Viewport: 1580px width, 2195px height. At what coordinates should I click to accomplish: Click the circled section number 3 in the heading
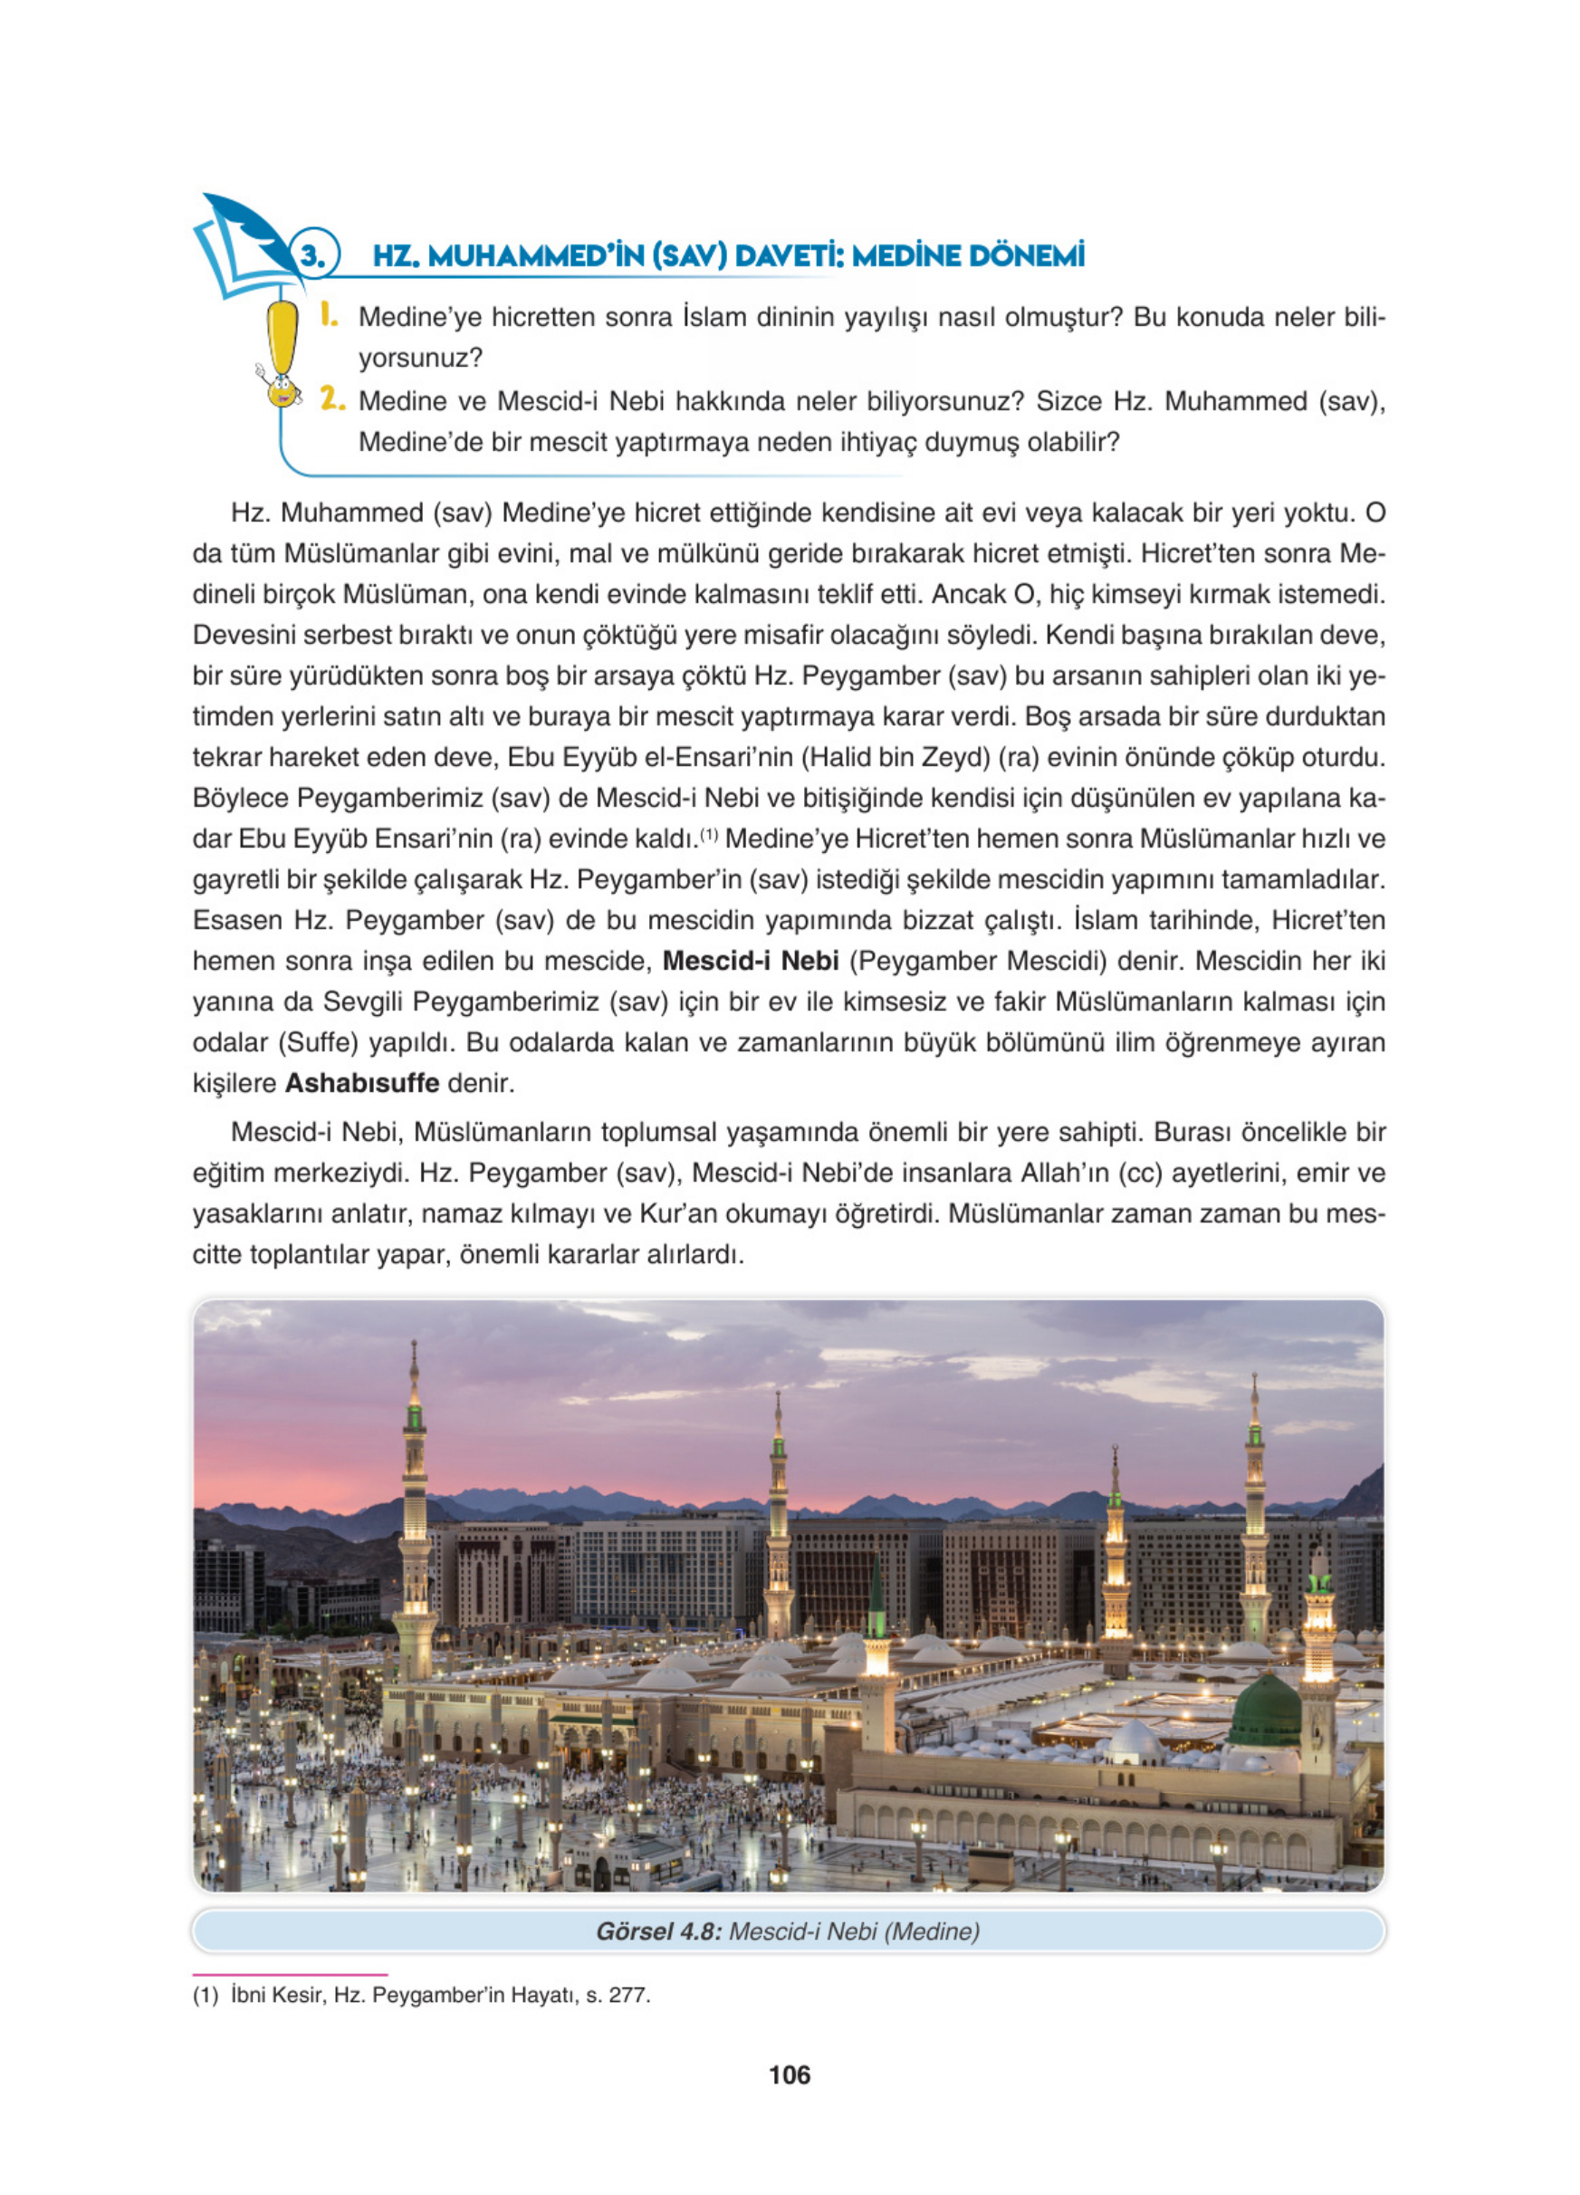pyautogui.click(x=312, y=255)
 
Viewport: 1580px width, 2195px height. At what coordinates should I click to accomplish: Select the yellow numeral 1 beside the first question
pyautogui.click(x=329, y=314)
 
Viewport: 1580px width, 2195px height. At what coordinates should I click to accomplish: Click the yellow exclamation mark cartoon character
pyautogui.click(x=282, y=353)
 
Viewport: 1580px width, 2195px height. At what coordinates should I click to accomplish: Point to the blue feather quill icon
pyautogui.click(x=244, y=225)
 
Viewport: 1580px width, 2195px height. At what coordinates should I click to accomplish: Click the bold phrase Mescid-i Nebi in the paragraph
pyautogui.click(x=750, y=961)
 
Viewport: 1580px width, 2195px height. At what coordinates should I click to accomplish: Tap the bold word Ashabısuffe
pyautogui.click(x=362, y=1083)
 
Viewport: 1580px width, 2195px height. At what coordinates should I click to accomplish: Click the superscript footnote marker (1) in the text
pyautogui.click(x=709, y=835)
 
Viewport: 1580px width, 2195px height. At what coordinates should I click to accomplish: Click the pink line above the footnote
pyautogui.click(x=290, y=1973)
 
